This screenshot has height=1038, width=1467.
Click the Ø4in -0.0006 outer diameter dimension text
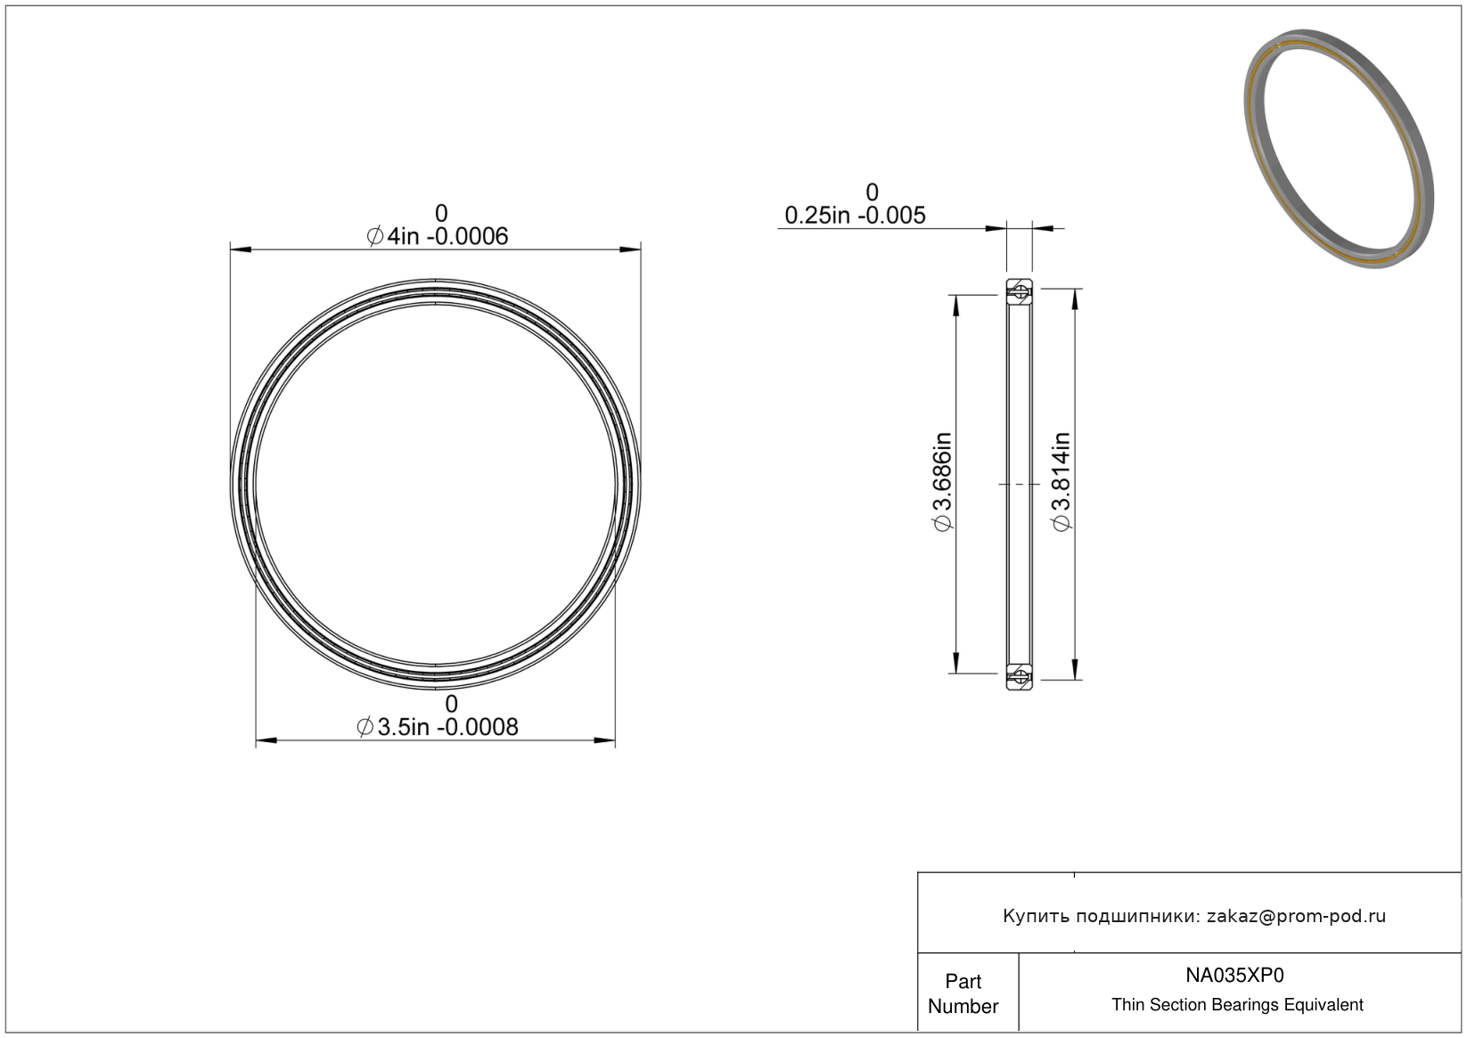[437, 236]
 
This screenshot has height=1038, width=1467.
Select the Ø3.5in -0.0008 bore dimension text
[437, 727]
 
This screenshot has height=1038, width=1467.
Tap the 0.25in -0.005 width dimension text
[855, 216]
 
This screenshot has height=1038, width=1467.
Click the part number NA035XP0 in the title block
[1234, 975]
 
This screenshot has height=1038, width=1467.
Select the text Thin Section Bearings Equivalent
[1237, 1005]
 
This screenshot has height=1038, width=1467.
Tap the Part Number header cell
[963, 993]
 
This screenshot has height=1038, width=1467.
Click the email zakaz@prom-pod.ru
[1296, 916]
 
